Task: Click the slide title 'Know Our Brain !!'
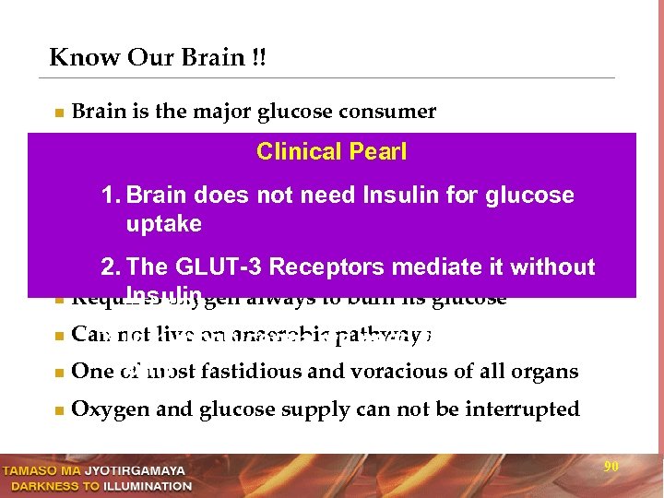(158, 57)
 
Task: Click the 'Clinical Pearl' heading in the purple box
(331, 151)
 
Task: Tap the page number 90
(611, 467)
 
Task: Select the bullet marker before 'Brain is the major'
(58, 113)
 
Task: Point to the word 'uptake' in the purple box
(164, 224)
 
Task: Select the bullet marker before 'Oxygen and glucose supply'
(58, 410)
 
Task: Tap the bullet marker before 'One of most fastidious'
(58, 373)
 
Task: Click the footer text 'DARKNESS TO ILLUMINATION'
(97, 485)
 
